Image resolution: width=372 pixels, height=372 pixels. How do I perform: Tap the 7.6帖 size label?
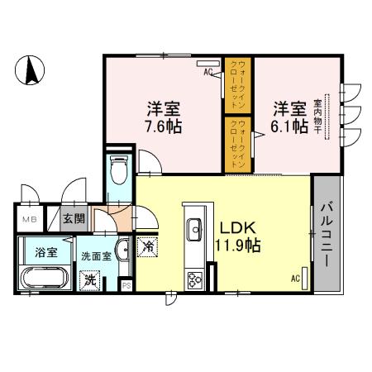tap(164, 127)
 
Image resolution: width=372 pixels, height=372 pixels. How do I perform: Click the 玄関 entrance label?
tap(74, 219)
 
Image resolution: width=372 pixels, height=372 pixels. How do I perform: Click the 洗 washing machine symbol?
tap(89, 279)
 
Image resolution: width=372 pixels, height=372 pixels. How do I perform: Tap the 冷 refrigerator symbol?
tap(148, 246)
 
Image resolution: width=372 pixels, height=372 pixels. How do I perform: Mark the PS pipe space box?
tap(126, 286)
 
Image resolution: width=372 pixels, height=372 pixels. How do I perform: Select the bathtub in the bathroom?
tap(45, 279)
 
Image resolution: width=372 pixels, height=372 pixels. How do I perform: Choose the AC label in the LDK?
tap(295, 279)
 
